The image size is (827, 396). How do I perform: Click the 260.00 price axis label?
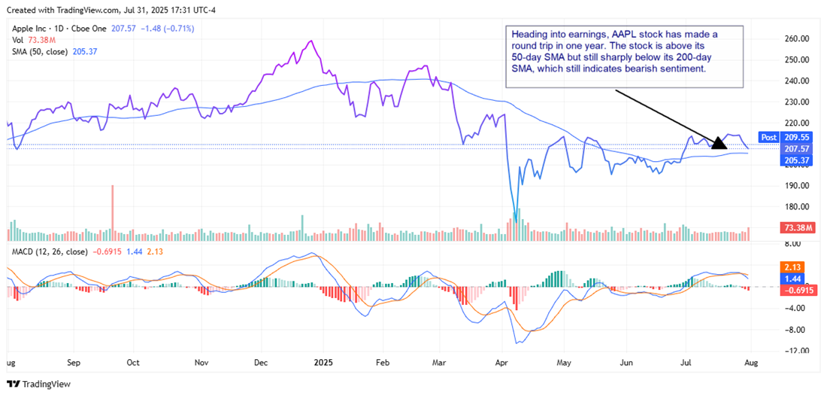click(795, 38)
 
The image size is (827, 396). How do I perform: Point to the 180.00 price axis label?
click(795, 207)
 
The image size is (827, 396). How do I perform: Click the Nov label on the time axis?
click(201, 361)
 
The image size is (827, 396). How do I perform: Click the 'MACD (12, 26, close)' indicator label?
click(48, 251)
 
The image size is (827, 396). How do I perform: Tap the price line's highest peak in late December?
click(310, 41)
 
